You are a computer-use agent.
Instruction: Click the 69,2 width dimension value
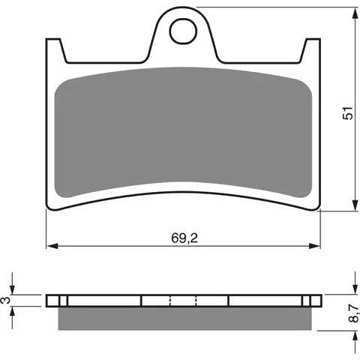coord(184,238)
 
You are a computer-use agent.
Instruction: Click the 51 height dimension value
coord(348,112)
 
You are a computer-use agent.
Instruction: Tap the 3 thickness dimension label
coord(6,300)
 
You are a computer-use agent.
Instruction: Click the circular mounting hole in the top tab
coord(183,31)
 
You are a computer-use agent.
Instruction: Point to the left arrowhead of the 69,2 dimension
coord(52,246)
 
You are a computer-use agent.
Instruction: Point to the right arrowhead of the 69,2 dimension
coord(314,246)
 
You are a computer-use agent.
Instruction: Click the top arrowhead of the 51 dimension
coord(355,13)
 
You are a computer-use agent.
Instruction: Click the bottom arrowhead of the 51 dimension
coord(355,205)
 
